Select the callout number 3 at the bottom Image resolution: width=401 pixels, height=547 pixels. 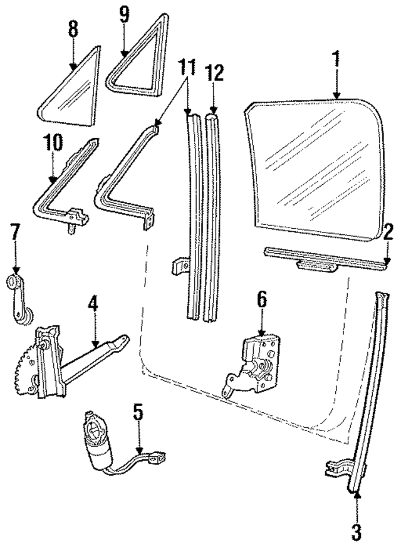tap(357, 532)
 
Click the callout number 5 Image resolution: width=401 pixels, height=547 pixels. tap(138, 414)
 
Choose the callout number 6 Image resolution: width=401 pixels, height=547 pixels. tap(261, 301)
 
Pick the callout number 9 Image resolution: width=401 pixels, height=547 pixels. tap(124, 16)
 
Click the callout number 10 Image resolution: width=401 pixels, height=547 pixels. tap(53, 143)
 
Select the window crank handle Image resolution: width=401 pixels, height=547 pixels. tap(19, 300)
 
